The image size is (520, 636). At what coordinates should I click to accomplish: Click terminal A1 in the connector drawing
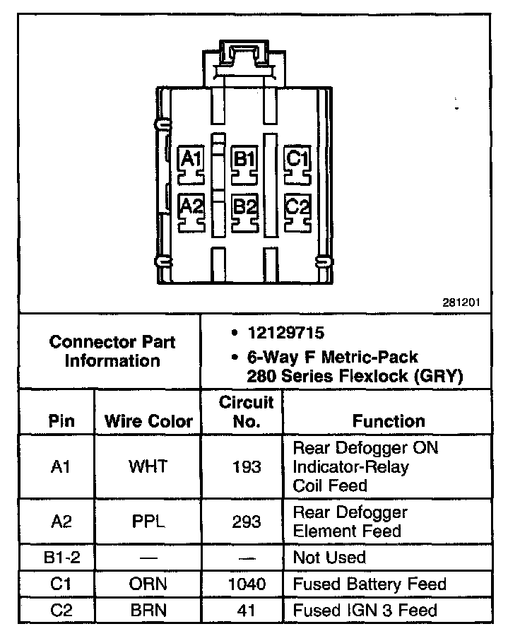[x=190, y=159]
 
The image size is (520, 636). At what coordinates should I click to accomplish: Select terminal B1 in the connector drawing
[x=244, y=159]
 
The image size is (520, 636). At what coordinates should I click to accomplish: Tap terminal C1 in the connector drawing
[x=297, y=159]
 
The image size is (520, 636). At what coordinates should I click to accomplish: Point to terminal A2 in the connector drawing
[x=191, y=207]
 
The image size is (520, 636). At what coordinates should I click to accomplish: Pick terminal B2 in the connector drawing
[x=244, y=207]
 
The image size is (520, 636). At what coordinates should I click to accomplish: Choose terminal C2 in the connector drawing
[x=297, y=207]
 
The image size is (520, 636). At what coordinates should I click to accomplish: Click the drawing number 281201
[x=461, y=302]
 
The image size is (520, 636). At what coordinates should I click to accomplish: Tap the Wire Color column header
[x=148, y=421]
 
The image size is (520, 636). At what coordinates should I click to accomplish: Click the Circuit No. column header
[x=246, y=412]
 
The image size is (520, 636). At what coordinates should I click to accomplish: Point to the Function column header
[x=389, y=421]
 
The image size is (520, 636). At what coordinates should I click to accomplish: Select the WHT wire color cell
[x=148, y=466]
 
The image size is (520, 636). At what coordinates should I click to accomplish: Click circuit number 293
[x=246, y=522]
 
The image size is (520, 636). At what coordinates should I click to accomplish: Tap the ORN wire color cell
[x=148, y=584]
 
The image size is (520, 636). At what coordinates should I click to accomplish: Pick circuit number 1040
[x=246, y=584]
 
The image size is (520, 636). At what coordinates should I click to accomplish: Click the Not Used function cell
[x=329, y=558]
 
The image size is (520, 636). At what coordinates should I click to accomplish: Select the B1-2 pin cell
[x=61, y=558]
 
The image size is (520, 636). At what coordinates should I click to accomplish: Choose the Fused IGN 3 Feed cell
[x=365, y=611]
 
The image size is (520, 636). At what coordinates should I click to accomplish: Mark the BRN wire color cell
[x=148, y=611]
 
